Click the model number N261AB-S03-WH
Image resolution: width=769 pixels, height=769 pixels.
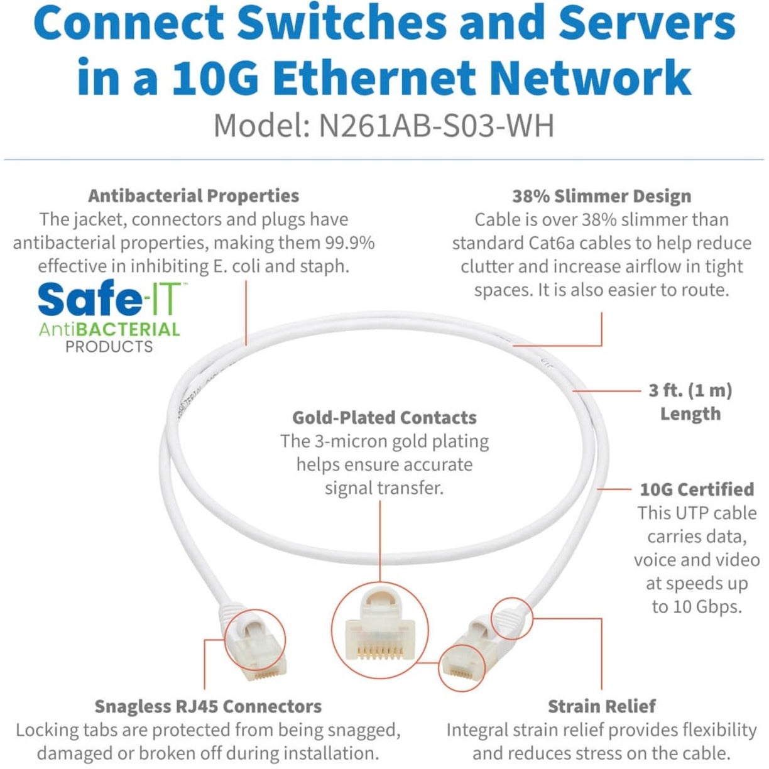[x=436, y=125]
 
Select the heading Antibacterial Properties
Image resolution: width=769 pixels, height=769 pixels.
[x=194, y=196]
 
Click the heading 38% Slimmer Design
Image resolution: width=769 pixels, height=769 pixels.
[x=601, y=196]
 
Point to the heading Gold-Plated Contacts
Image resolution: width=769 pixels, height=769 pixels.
[x=384, y=418]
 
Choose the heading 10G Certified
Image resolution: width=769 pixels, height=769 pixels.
[x=696, y=489]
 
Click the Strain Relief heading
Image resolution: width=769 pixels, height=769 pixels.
[x=601, y=706]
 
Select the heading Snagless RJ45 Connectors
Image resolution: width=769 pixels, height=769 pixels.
[x=208, y=706]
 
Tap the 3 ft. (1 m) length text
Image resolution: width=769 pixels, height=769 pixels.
[x=690, y=391]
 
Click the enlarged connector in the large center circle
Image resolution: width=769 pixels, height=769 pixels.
[x=379, y=628]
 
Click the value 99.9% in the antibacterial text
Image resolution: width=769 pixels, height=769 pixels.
[x=349, y=243]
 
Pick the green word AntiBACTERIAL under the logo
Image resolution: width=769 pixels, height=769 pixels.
[x=109, y=329]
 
